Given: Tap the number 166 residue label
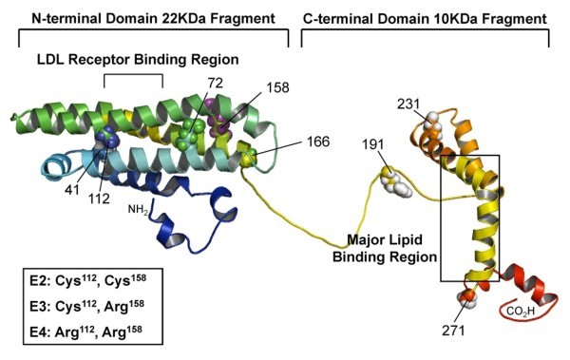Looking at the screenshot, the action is coord(317,142).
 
